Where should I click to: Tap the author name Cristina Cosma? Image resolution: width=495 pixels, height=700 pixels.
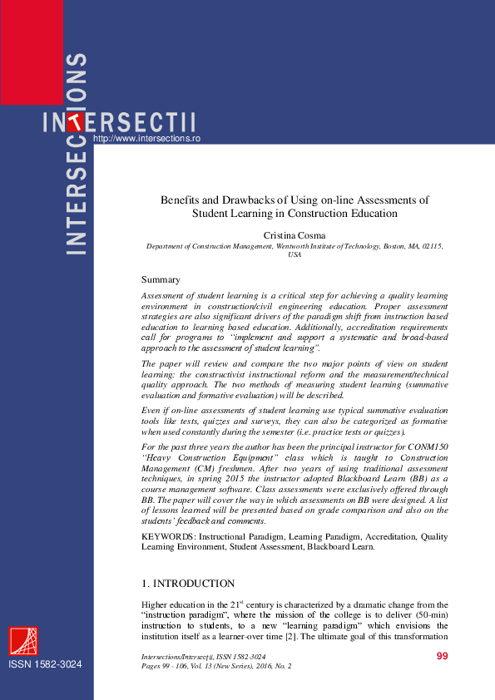[295, 236]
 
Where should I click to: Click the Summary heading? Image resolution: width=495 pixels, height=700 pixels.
[161, 279]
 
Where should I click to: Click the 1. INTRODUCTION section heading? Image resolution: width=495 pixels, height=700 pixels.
[188, 584]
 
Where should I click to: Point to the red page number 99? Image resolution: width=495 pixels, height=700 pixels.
[442, 657]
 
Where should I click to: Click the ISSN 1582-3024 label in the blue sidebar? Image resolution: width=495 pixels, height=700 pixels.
[46, 666]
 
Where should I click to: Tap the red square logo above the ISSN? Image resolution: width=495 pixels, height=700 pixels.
[23, 642]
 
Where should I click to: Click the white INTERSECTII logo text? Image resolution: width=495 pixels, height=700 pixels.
[121, 122]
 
